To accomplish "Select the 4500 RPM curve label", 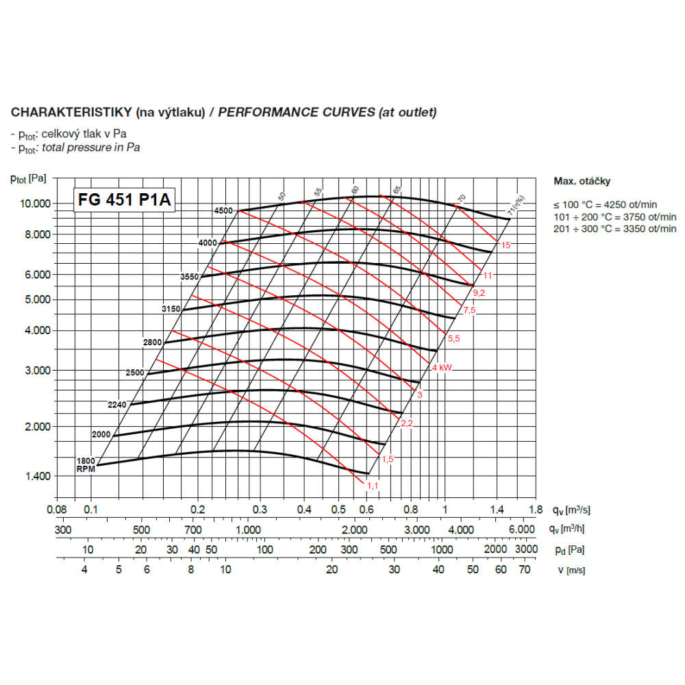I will coord(224,210).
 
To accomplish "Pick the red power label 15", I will coord(506,245).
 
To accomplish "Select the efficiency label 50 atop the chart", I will coord(282,196).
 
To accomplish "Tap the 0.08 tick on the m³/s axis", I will coord(57,510).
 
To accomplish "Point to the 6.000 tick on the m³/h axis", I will coord(521,530).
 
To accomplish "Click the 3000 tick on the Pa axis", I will coord(526,549).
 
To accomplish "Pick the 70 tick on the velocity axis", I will coord(525,569).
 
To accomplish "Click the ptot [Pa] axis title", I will coord(29,179).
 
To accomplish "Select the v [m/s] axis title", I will coord(571,569).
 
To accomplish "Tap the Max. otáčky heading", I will coord(582,182).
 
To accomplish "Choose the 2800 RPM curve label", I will coord(152,342).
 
